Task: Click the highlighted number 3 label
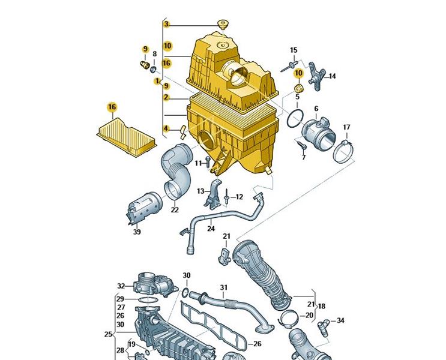[167, 24]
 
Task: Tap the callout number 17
[346, 127]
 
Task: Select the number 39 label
[137, 232]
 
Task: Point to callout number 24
[211, 228]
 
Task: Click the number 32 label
[121, 286]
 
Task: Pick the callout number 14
[332, 76]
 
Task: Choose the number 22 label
[174, 209]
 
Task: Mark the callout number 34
[340, 320]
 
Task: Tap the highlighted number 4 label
[166, 128]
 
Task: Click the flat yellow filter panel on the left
[127, 135]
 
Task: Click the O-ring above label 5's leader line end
[294, 118]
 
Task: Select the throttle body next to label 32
[151, 282]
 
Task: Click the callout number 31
[223, 287]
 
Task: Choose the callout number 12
[238, 197]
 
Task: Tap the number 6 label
[316, 109]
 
